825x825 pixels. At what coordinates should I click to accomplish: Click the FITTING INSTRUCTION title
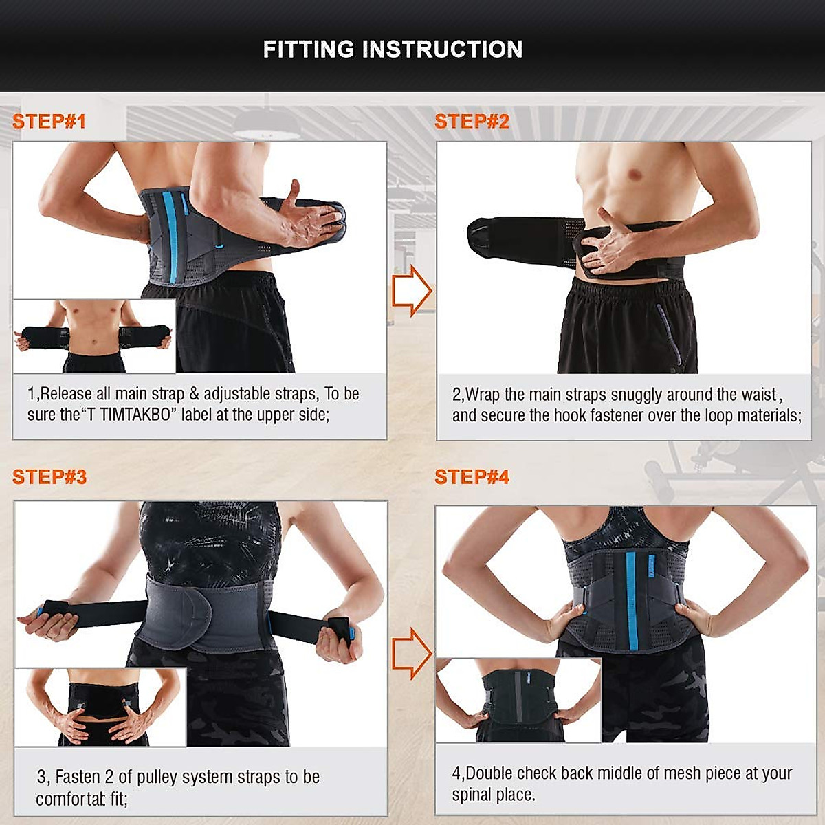point(393,49)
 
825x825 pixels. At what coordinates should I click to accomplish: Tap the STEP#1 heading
point(49,122)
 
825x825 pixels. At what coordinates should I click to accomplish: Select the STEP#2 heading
point(472,122)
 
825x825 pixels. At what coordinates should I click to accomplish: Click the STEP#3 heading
point(49,477)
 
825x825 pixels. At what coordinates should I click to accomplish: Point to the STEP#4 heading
point(472,477)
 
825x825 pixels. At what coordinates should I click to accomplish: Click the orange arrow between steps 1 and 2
point(411,290)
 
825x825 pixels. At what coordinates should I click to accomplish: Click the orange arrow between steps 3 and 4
point(411,652)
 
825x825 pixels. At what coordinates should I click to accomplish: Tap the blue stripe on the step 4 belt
point(632,602)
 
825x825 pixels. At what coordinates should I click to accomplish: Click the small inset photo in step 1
point(94,336)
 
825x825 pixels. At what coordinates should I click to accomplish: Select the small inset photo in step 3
point(100,707)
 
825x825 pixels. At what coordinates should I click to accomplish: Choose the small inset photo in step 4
point(518,700)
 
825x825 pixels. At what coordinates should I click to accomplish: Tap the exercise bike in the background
point(742,467)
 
